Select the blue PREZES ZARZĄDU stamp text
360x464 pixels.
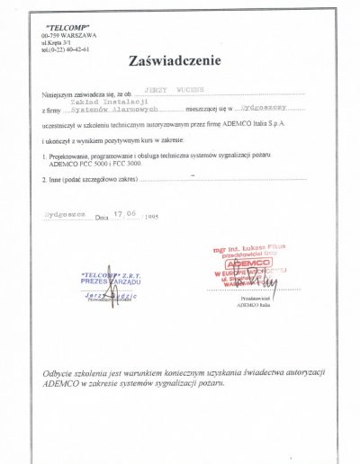coord(105,281)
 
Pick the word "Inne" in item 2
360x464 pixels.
coord(56,180)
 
